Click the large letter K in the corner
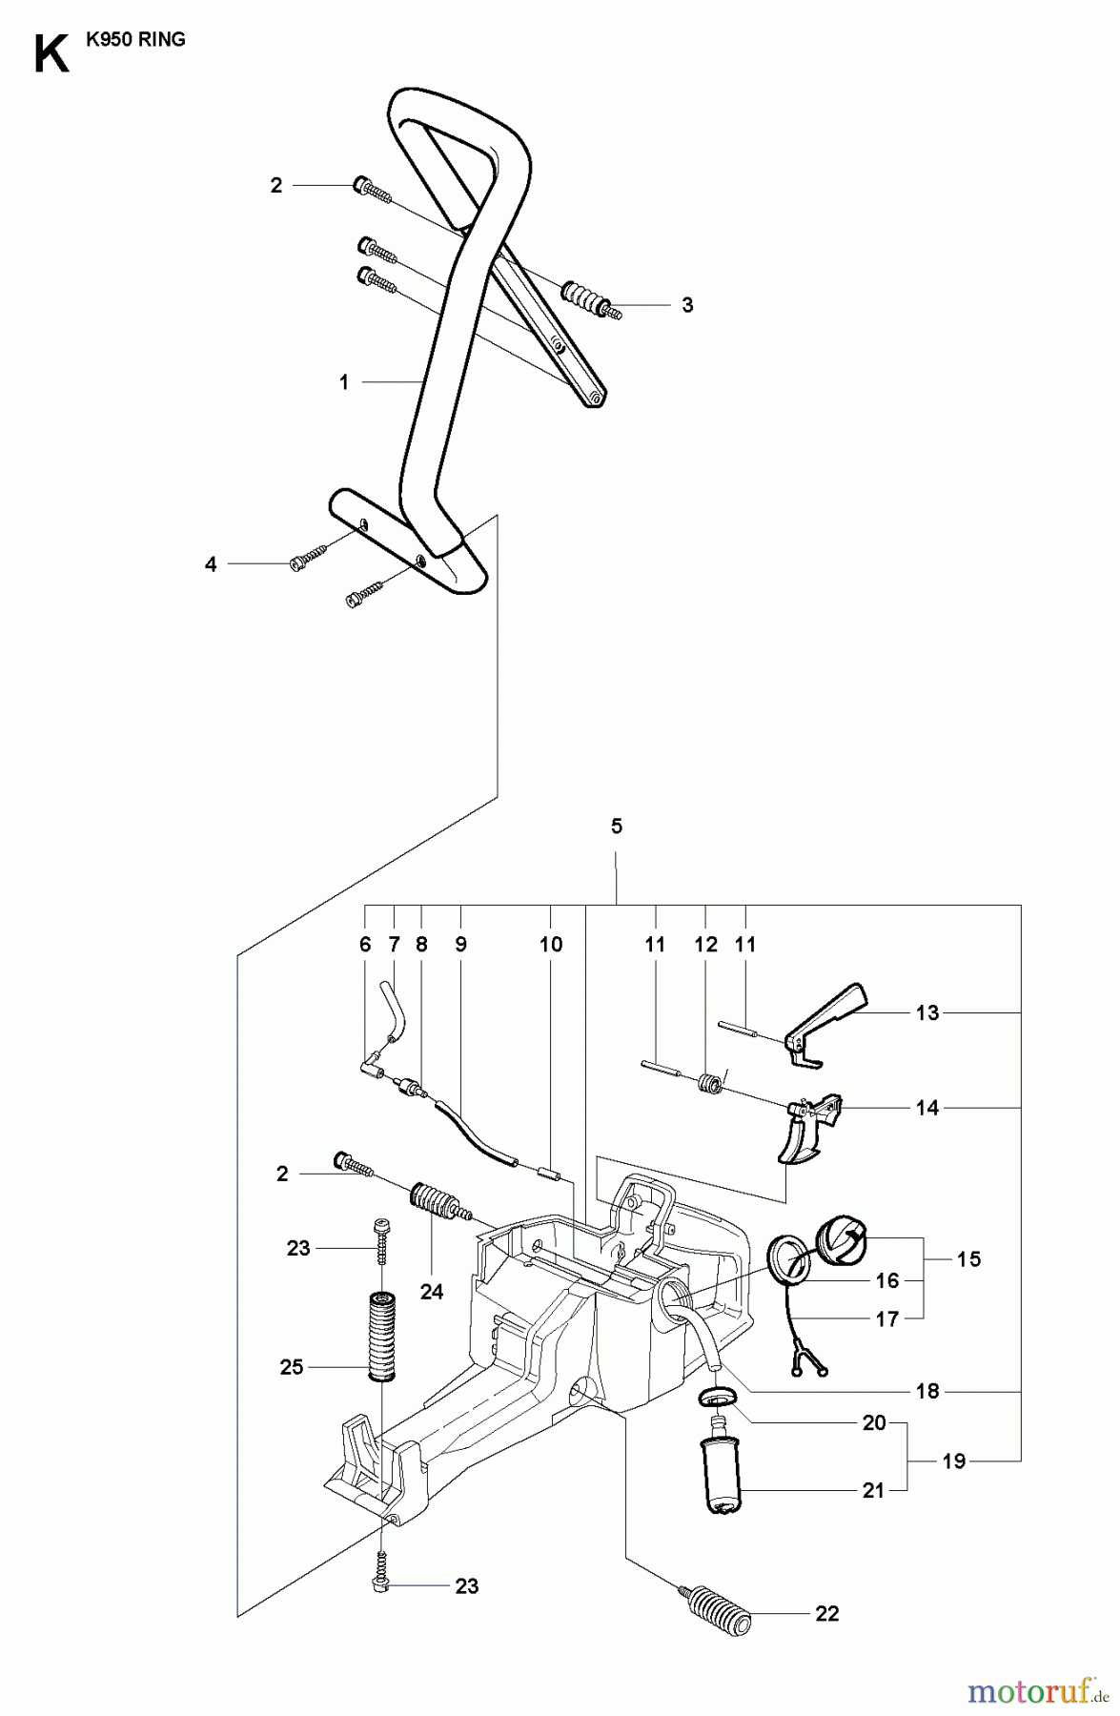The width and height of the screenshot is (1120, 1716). tap(50, 55)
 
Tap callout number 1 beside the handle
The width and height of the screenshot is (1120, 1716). tap(344, 382)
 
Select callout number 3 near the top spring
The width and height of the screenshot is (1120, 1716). tap(687, 305)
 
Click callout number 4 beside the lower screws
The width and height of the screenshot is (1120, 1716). tap(211, 564)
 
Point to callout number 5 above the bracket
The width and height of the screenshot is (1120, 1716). tap(617, 827)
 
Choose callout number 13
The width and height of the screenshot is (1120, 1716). tap(927, 1012)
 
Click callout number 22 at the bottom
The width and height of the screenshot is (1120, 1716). tap(826, 1613)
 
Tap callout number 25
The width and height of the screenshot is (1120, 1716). tap(292, 1367)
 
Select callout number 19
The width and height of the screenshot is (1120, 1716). tap(953, 1461)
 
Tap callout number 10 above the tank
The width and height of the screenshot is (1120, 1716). tap(551, 945)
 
